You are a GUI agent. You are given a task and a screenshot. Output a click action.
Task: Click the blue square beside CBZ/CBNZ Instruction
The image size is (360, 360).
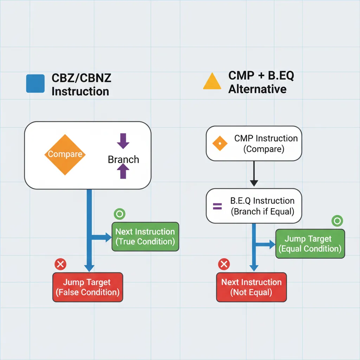35,83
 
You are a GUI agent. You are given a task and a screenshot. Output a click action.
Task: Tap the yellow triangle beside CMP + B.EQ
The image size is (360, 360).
212,82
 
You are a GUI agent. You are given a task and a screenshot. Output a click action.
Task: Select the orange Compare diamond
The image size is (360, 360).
65,154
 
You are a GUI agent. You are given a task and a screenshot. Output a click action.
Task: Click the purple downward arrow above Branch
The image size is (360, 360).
123,141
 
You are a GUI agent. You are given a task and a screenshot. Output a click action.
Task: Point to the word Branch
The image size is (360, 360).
123,160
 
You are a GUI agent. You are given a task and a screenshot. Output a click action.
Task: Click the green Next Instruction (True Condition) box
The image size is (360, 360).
145,237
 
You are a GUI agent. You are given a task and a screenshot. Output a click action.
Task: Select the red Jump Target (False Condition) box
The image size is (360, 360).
88,287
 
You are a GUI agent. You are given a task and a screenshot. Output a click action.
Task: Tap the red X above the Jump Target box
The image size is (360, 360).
60,264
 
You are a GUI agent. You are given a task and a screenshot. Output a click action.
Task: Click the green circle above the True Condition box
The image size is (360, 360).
120,213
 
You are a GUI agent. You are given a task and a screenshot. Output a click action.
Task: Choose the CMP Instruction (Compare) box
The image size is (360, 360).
253,144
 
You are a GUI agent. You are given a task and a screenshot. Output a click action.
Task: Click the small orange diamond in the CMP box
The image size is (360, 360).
220,143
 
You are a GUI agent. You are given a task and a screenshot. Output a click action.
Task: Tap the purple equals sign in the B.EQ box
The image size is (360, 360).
218,206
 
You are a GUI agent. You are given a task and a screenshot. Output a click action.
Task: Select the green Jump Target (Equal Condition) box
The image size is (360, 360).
310,244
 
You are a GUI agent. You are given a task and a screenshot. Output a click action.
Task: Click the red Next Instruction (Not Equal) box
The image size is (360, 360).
251,287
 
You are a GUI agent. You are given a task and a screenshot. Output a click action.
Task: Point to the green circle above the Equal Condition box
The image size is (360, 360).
337,221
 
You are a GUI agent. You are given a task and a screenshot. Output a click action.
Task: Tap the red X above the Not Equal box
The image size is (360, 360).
224,264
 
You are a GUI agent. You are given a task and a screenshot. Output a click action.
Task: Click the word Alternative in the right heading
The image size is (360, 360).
257,89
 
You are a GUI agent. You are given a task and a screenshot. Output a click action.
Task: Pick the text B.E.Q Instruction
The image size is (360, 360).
262,201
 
